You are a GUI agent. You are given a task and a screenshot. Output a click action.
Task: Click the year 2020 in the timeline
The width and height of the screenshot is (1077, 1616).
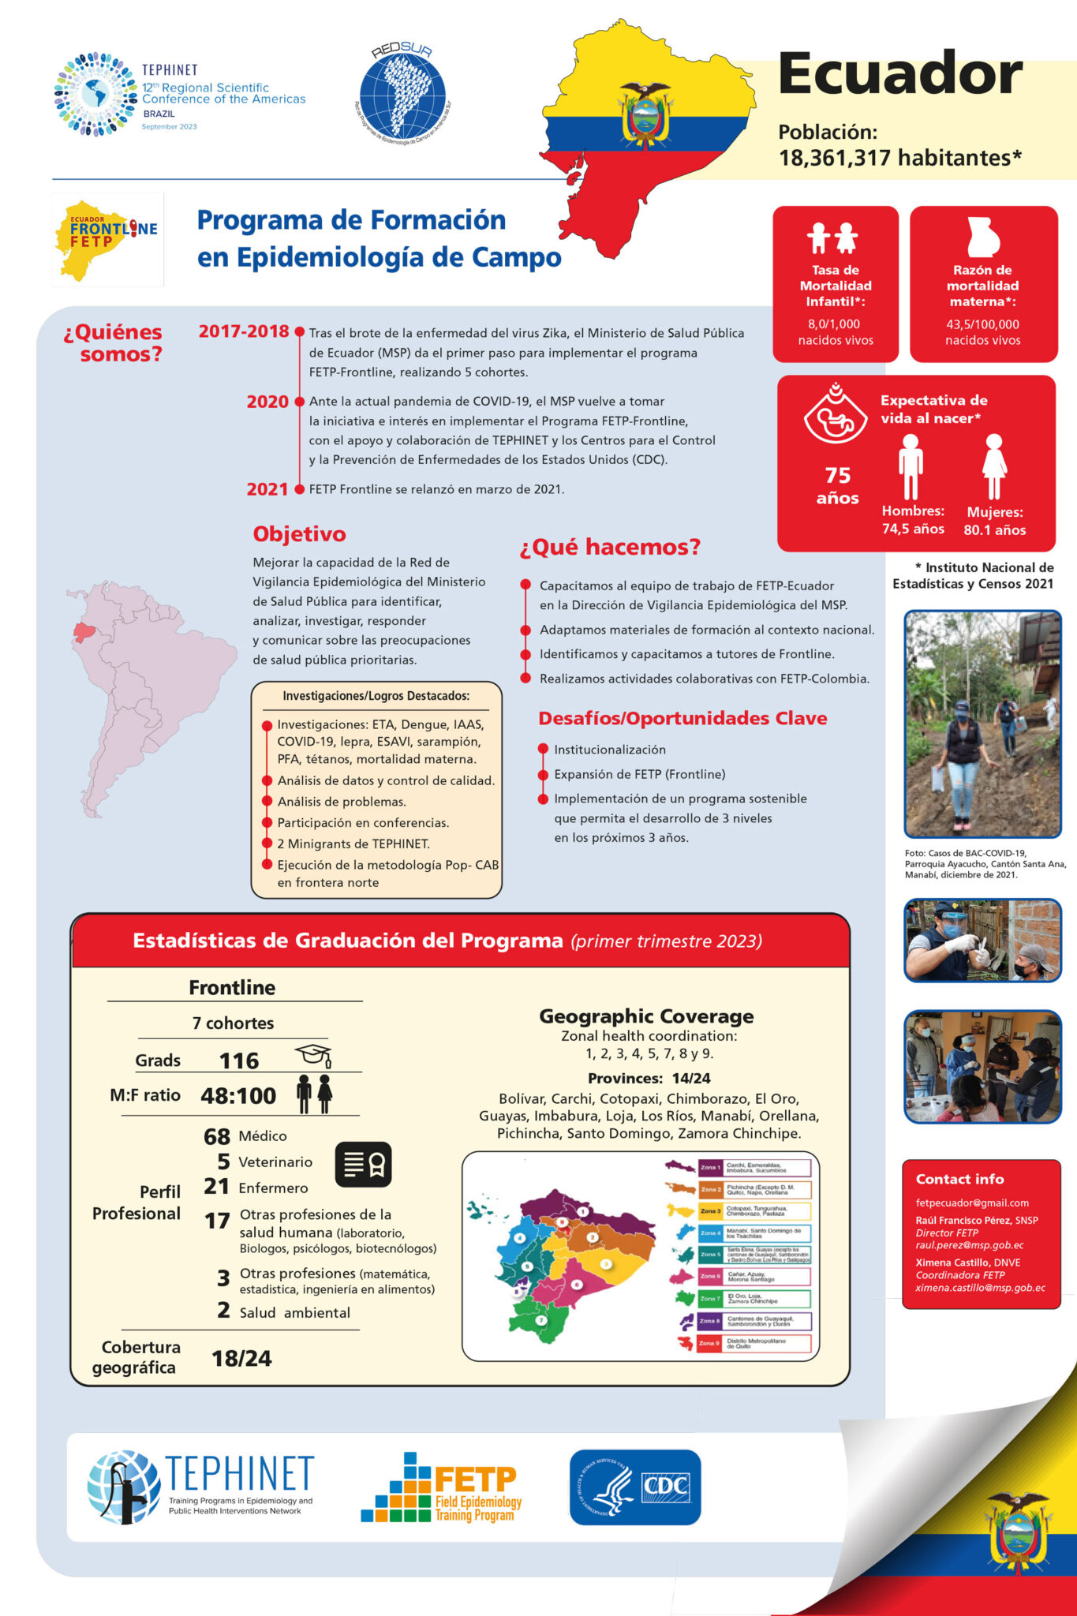coord(267,402)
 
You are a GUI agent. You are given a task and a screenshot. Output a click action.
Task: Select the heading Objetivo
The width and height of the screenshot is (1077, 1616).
coord(299,534)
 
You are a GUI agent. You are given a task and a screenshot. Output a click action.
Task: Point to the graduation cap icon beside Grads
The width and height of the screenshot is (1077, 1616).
coord(312,1055)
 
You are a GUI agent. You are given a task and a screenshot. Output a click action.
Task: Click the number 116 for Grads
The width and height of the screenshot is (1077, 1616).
coord(239,1060)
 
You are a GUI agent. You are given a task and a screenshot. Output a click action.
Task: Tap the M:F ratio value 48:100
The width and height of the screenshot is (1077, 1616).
coord(238,1095)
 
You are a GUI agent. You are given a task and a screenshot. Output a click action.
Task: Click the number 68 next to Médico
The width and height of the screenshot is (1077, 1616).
coord(217,1136)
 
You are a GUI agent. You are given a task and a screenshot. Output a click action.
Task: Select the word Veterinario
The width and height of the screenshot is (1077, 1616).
coord(275,1161)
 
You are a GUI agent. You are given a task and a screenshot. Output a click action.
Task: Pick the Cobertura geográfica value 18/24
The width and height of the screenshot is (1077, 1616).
coord(241,1358)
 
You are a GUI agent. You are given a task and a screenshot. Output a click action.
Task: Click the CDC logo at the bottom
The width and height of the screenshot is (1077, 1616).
coord(635,1487)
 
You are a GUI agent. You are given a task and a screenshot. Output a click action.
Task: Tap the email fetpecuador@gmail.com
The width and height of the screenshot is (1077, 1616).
coord(972,1203)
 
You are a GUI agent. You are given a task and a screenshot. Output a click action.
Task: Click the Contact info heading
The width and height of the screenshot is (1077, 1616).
coord(959,1179)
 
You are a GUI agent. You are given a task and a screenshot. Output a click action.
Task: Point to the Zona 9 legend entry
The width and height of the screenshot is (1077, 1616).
coord(754,1343)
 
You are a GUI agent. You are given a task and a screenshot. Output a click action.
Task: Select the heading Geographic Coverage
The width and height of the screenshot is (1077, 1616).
coord(646,1016)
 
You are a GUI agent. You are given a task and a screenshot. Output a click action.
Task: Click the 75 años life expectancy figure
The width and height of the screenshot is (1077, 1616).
coord(837,485)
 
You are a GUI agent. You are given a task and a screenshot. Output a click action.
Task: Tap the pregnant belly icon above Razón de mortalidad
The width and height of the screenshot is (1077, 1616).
coord(982,237)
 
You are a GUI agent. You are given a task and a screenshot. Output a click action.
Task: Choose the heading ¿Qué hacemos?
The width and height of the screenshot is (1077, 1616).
coord(610,547)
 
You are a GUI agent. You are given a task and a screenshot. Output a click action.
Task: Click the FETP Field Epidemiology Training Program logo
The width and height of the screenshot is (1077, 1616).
coord(442,1487)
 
